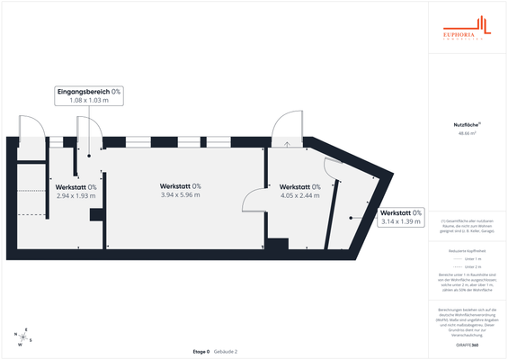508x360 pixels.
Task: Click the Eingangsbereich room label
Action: coord(84,92)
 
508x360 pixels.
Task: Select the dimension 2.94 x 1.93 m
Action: coord(76,195)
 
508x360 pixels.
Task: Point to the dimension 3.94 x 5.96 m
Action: coord(180,195)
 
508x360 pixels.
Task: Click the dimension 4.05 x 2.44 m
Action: coord(299,195)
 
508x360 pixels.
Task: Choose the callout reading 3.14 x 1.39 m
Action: coord(400,221)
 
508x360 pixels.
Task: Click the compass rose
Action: coord(23,336)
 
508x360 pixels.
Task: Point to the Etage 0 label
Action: coord(201,351)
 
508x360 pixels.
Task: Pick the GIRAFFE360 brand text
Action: coord(464,346)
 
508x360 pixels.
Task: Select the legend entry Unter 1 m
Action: coord(470,257)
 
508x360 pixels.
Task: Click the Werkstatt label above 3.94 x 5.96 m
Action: coord(175,186)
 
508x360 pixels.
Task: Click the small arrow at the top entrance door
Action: coord(287,143)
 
